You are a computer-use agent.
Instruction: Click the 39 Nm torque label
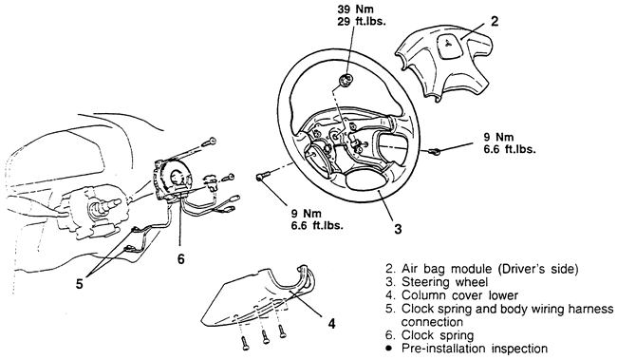355,9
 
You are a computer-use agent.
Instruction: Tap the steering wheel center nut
346,81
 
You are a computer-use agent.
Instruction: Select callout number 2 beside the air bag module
495,21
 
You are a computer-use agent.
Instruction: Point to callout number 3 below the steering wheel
399,229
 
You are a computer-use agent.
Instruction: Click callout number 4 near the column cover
332,324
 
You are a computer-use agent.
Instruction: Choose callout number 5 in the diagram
80,284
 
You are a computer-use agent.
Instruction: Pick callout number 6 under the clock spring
180,258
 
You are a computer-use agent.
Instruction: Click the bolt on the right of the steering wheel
435,151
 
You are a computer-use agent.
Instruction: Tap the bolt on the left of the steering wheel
262,177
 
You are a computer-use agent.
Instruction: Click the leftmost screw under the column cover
245,344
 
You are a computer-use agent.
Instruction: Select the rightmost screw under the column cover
282,332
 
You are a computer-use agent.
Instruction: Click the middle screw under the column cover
265,336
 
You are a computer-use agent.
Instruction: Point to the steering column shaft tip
118,202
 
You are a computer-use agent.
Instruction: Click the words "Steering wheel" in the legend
444,282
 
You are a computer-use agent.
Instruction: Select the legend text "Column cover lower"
460,295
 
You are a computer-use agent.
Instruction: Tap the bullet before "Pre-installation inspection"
389,349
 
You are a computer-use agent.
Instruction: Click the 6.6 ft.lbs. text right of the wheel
510,149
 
